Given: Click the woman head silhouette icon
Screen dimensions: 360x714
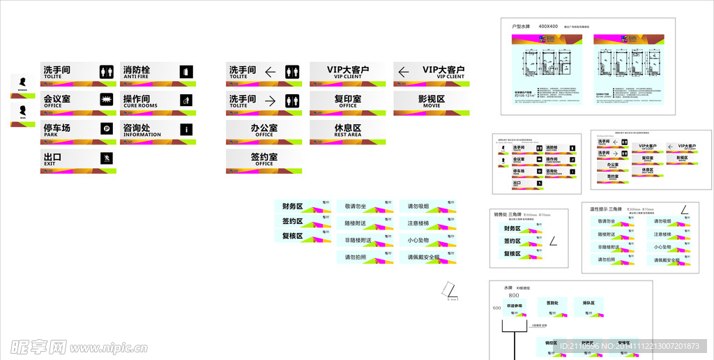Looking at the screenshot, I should point(22,80).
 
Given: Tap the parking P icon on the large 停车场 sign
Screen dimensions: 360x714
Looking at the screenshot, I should point(106,128).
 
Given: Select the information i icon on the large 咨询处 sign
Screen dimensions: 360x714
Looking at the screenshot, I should point(185,128).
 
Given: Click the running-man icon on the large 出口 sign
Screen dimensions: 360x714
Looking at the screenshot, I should point(106,158).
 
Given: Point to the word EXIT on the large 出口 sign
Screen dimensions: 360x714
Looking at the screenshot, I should point(50,164).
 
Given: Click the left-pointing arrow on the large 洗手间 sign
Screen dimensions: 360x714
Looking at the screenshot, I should point(271,71).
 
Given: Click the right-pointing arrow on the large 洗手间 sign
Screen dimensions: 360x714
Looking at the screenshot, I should point(271,100).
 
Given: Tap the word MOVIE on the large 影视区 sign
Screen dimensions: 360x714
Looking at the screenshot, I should point(431,106).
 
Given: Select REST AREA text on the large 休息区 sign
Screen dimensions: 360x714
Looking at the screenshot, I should point(347,135).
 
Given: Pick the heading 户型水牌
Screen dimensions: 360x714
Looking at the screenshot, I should point(521,27).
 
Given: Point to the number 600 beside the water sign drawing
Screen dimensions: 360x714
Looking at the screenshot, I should point(497,308).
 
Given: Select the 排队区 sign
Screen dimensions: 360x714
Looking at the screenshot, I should point(589,304).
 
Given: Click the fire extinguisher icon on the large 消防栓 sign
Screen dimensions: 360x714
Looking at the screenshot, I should point(185,71).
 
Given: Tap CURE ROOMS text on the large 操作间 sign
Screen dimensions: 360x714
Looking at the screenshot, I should point(140,106).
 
